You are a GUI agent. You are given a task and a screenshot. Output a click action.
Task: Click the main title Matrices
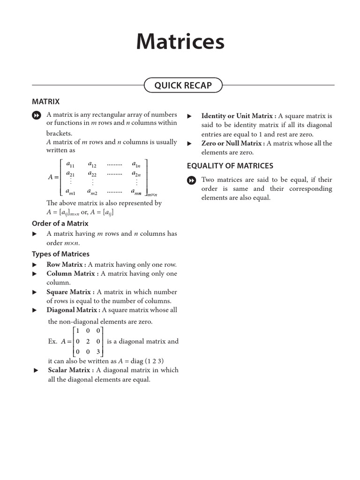pos(180,42)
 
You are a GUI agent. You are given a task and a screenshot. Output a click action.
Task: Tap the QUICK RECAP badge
pos(183,85)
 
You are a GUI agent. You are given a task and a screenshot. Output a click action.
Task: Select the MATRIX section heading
pos(45,101)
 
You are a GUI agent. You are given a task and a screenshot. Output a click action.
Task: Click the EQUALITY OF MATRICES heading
pos(230,165)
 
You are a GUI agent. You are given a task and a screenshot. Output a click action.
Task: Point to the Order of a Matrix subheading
pos(60,224)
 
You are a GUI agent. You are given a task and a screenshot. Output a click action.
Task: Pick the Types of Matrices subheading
pos(60,254)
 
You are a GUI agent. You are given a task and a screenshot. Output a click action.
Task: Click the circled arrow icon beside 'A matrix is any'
pos(36,115)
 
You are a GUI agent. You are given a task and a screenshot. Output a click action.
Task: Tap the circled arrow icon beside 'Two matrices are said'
pos(191,180)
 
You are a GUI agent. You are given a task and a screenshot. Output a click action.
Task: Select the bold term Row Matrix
pos(64,264)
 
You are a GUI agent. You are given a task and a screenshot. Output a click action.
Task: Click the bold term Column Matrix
pos(71,274)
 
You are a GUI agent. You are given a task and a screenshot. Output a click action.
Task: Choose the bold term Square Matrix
pos(68,292)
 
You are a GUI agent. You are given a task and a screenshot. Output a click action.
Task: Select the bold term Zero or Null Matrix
pos(231,143)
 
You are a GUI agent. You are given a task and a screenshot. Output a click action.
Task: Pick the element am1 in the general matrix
pos(70,191)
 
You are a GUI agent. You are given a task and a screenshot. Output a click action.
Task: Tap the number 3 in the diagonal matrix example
pos(98,352)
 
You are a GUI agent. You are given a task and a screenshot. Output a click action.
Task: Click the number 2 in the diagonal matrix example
pos(88,342)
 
